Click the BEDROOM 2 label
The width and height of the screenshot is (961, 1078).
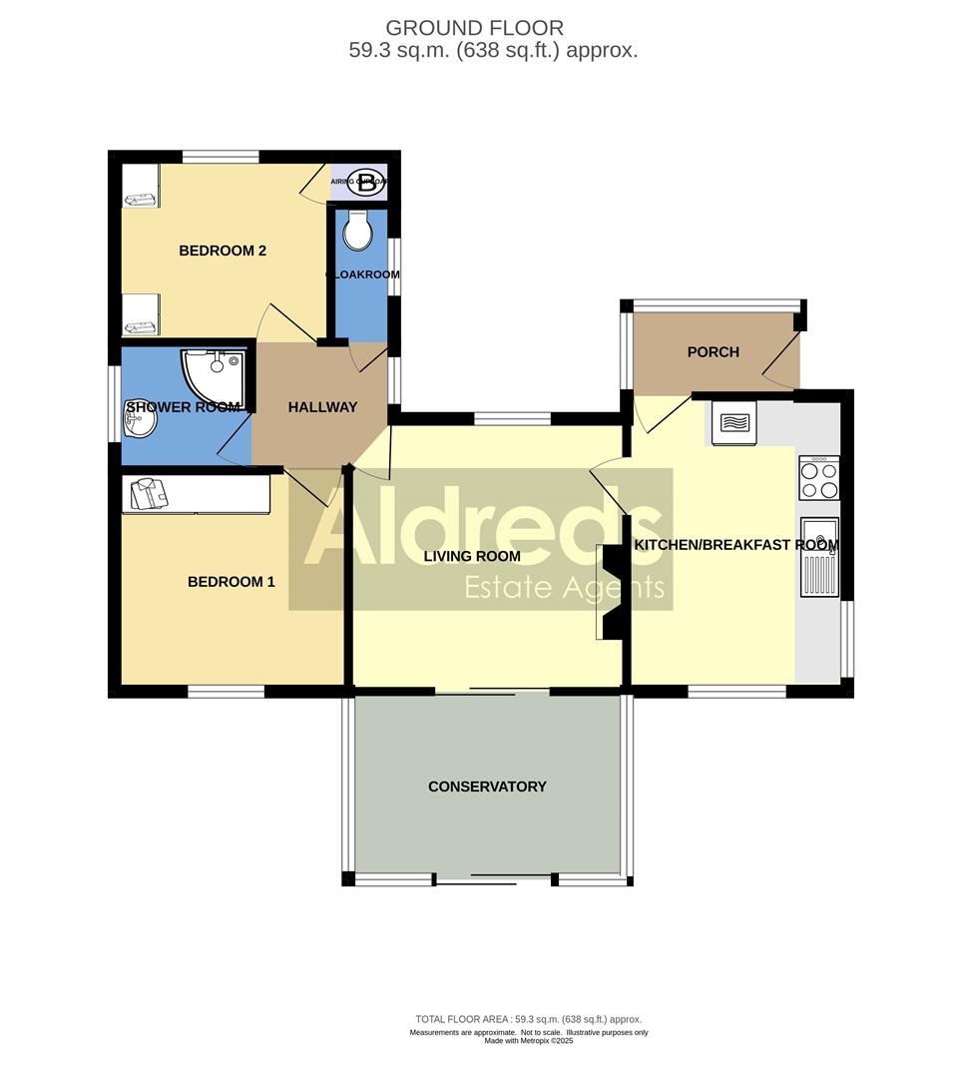click(x=223, y=251)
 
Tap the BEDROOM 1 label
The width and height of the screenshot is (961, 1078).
click(x=231, y=582)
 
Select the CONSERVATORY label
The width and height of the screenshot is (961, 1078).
click(x=487, y=787)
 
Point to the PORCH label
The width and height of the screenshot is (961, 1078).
click(x=714, y=351)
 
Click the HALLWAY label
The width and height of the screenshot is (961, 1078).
click(x=322, y=407)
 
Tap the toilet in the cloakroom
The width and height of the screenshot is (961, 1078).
click(x=357, y=232)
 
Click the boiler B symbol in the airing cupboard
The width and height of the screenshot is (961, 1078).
click(x=368, y=183)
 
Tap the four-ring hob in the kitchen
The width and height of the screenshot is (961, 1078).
click(x=819, y=477)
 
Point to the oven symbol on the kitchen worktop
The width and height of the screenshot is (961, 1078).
click(x=733, y=422)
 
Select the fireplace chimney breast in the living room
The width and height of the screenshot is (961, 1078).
click(x=611, y=591)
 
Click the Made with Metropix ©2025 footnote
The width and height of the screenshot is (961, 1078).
click(x=529, y=1040)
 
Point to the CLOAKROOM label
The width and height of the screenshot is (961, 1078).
click(x=363, y=274)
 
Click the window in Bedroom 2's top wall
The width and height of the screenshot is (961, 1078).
click(x=222, y=156)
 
